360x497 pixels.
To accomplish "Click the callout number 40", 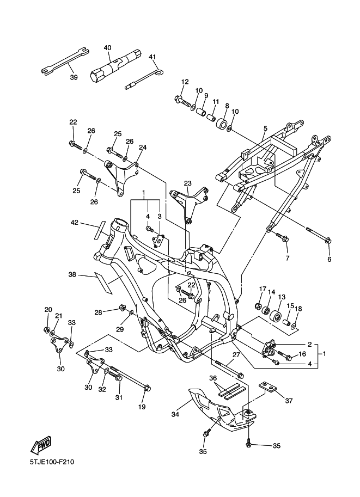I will tap(107, 47).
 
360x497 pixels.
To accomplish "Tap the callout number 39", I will tap(74, 77).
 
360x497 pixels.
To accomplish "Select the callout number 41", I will tap(152, 57).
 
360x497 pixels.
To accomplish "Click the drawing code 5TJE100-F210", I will tap(52, 463).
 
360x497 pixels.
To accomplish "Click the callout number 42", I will tap(75, 222).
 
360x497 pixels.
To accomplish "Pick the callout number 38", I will tap(72, 275).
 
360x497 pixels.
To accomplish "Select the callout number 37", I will tap(289, 401).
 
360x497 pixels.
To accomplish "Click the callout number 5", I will tap(265, 128).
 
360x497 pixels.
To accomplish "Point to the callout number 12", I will tap(185, 82).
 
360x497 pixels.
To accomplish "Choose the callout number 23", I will tap(188, 183).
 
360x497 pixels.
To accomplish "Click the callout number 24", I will tap(143, 147).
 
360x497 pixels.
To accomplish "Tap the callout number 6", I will tap(329, 260).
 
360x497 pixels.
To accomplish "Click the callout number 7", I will tap(287, 257).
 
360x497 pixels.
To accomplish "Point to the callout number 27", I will tap(236, 355).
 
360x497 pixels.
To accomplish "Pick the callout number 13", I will tap(282, 297).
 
